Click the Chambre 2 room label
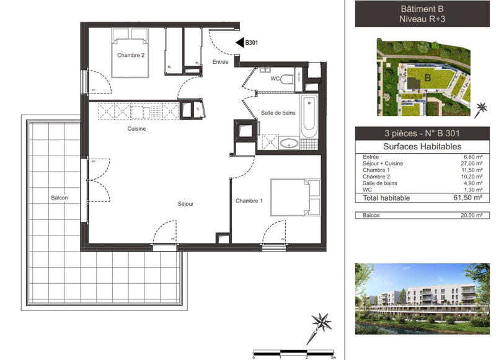pyautogui.click(x=131, y=55)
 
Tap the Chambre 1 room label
pyautogui.click(x=249, y=201)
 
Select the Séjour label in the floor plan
pyautogui.click(x=185, y=203)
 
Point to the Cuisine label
pyautogui.click(x=136, y=129)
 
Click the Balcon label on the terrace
pyautogui.click(x=60, y=198)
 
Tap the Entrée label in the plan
pyautogui.click(x=220, y=62)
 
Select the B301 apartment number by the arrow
pyautogui.click(x=251, y=43)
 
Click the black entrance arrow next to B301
pyautogui.click(x=239, y=43)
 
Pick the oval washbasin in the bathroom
pyautogui.click(x=288, y=144)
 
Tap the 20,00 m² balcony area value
pyautogui.click(x=472, y=215)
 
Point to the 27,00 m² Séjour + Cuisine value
pyautogui.click(x=472, y=164)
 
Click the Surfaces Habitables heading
pyautogui.click(x=422, y=146)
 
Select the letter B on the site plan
pyautogui.click(x=427, y=77)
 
